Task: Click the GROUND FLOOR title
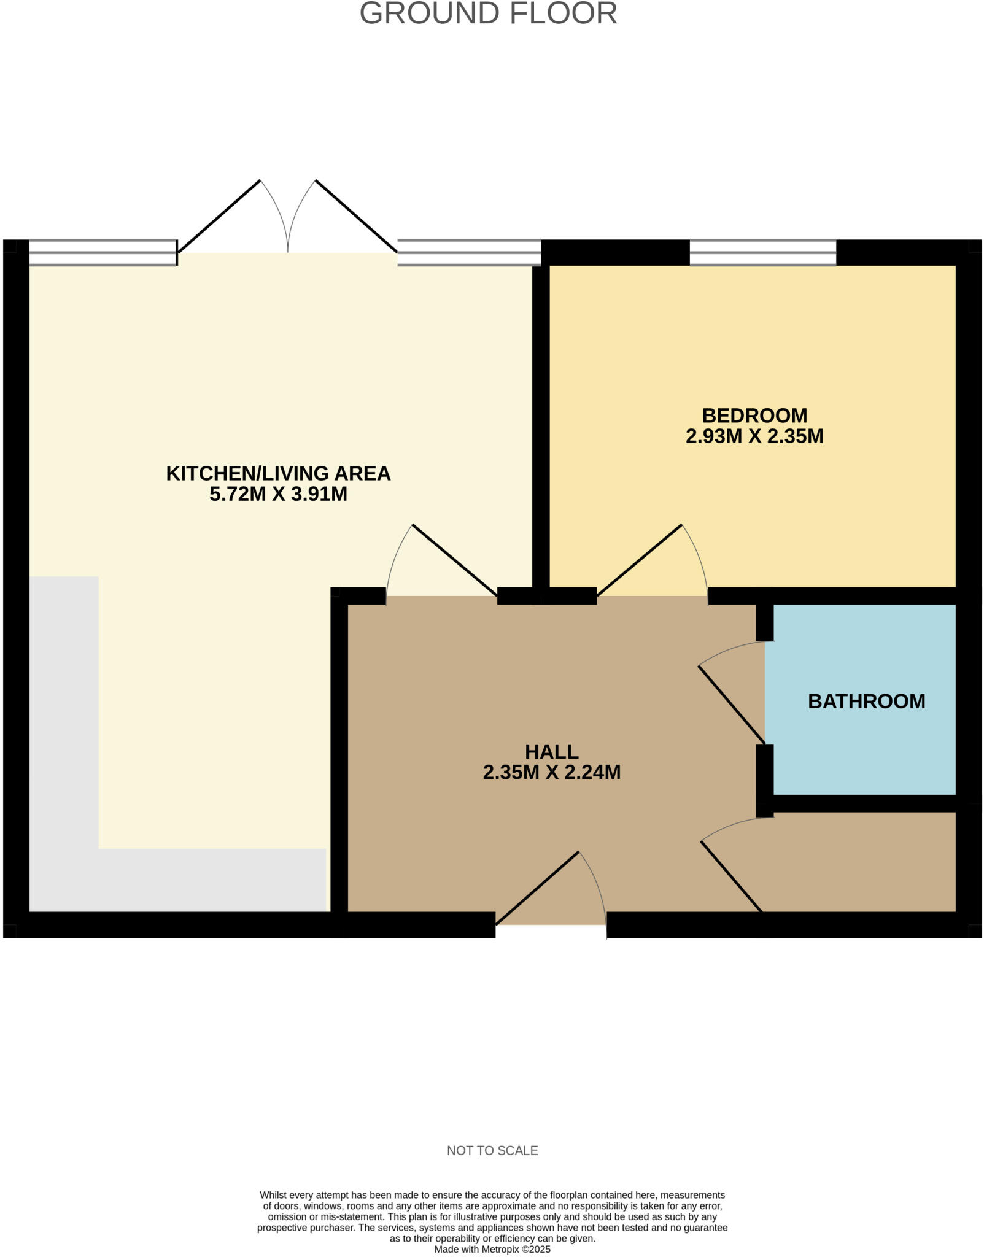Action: (488, 14)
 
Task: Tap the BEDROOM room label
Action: (754, 416)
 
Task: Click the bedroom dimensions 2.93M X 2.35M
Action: (754, 436)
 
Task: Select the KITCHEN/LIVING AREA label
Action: (278, 473)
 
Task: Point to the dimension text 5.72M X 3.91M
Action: (278, 494)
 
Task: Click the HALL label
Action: (551, 751)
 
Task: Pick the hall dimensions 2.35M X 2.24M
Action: (551, 772)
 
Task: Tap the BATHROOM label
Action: (866, 701)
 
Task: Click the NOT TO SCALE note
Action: (492, 1151)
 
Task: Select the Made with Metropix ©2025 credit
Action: (492, 1249)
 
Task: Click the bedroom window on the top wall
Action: (762, 252)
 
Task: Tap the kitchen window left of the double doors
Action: (103, 252)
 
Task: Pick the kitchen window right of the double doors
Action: (469, 252)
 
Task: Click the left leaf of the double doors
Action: (219, 216)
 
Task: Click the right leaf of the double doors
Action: (356, 216)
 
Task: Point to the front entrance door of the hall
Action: (537, 888)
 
